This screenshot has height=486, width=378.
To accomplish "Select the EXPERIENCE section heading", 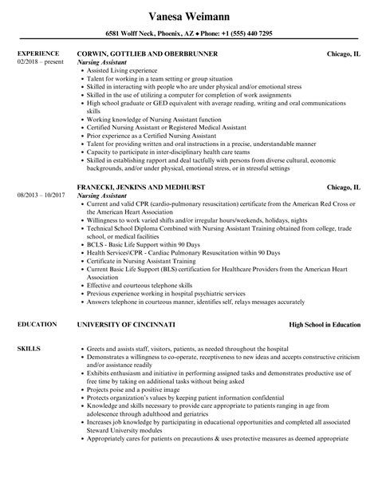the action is (35, 53).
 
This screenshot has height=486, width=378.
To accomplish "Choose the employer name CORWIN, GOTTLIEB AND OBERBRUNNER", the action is (147, 53).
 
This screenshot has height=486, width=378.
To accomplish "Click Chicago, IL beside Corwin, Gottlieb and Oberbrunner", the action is (344, 53).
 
